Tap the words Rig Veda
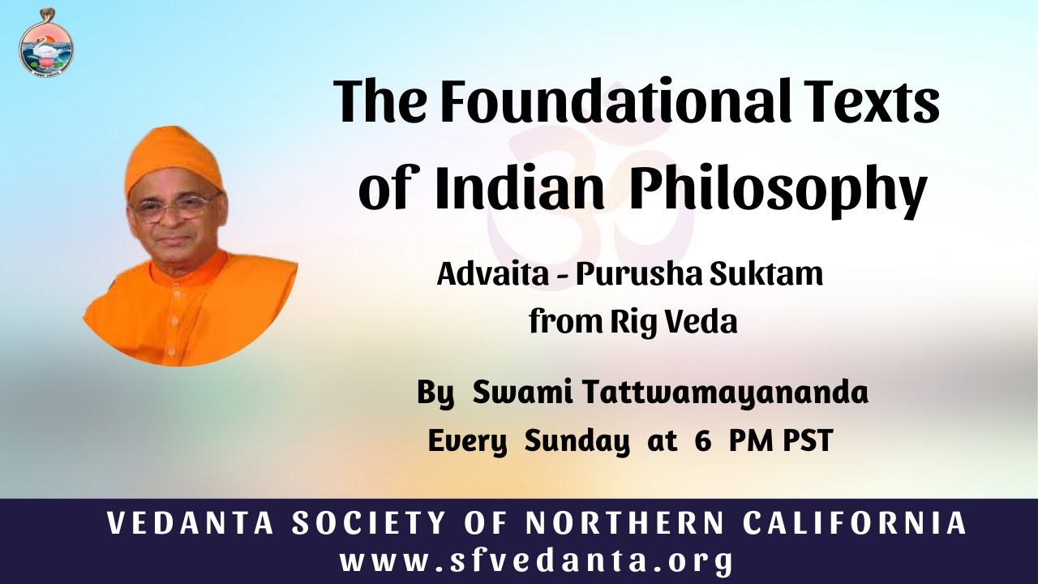pos(672,322)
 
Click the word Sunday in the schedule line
pos(576,442)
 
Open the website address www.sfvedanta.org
pos(537,561)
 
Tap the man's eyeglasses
pos(175,205)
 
